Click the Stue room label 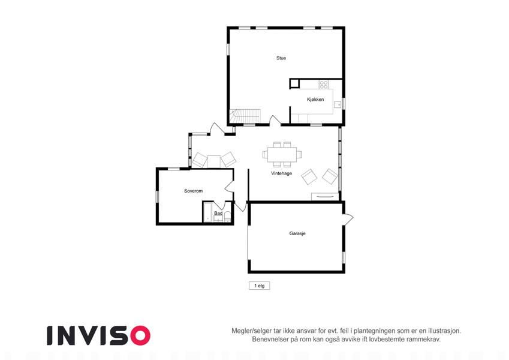281,58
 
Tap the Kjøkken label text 315,100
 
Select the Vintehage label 281,173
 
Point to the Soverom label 193,191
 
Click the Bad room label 218,213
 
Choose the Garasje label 297,233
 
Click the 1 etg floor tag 260,286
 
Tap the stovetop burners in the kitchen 324,85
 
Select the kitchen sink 338,104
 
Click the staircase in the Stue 245,116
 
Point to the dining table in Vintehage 282,154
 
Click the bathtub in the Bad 207,212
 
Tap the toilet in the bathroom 228,217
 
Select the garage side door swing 348,220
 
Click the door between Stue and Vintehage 275,120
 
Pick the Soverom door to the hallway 230,187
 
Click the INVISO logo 99,335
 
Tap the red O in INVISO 140,335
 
